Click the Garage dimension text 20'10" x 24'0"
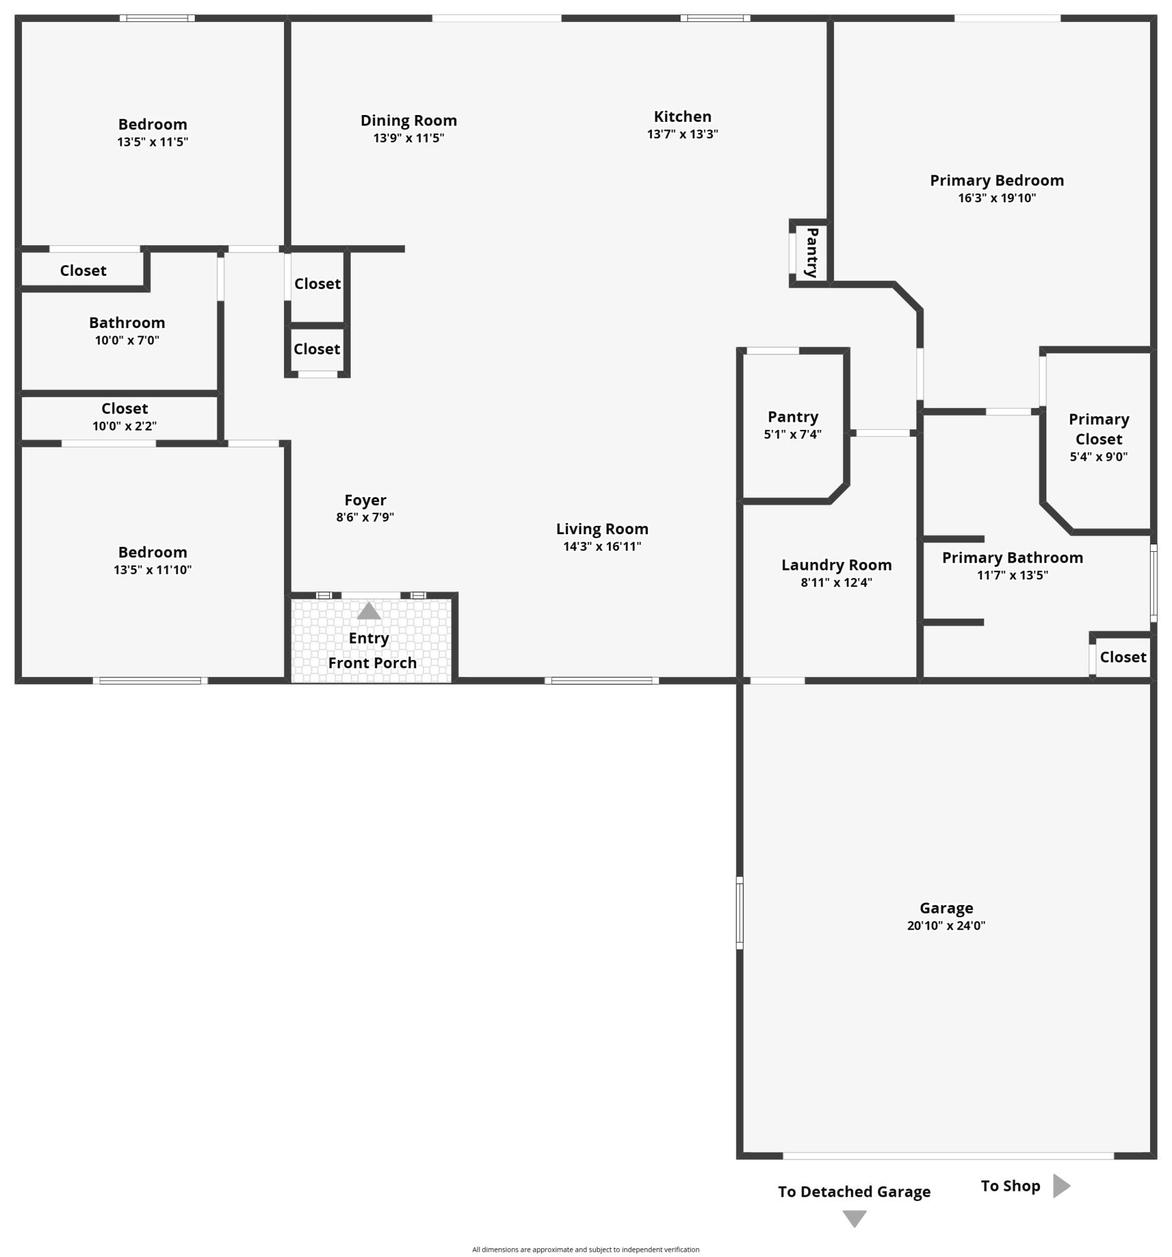pos(946,926)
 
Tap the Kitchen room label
pos(682,116)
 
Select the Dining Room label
pos(408,120)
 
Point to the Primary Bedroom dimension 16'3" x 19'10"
pos(996,198)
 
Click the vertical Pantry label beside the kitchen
pos(812,252)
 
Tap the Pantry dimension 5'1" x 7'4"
pos(792,434)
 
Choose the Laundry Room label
pos(836,564)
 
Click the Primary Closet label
pos(1098,429)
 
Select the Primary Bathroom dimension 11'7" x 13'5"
pos(1012,574)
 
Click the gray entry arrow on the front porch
pos(369,611)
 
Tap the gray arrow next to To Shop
pos(1061,1185)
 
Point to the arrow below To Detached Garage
pos(854,1219)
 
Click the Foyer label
pos(364,500)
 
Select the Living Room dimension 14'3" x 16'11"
pos(602,546)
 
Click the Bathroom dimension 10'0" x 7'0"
pos(127,340)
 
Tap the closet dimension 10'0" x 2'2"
pos(124,426)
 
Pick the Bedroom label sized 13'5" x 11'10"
pos(152,552)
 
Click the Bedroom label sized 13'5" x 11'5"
pos(152,124)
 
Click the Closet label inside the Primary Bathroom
pos(1123,657)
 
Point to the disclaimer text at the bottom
pos(585,1249)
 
